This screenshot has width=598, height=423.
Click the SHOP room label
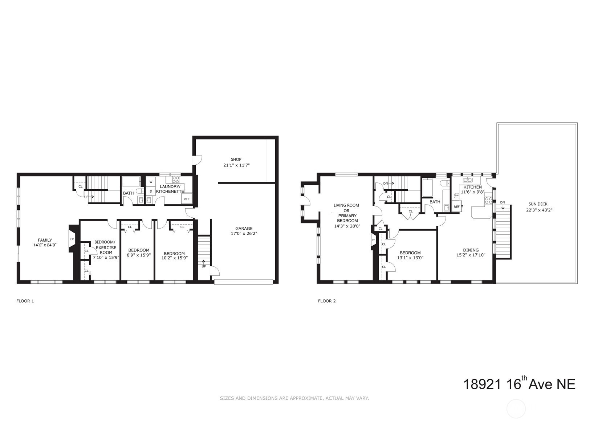click(236, 160)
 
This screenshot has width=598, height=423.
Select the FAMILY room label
click(45, 240)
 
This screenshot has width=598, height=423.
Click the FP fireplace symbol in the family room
click(72, 239)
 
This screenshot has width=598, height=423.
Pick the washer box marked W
click(151, 182)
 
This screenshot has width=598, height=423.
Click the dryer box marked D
click(151, 191)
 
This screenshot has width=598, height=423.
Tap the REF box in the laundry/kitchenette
click(186, 199)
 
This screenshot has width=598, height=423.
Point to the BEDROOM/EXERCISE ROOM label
click(106, 247)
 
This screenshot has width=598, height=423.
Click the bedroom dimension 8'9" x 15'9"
click(138, 255)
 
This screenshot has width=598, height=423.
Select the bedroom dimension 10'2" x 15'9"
click(174, 258)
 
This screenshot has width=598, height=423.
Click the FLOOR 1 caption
click(25, 301)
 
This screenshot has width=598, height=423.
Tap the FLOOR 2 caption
click(327, 301)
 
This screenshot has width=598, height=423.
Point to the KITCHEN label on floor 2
click(472, 187)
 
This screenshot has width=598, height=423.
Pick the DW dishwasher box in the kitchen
click(456, 196)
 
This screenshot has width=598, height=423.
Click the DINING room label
click(471, 250)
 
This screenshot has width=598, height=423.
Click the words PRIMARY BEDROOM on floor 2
click(347, 218)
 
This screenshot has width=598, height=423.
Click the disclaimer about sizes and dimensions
click(294, 398)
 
